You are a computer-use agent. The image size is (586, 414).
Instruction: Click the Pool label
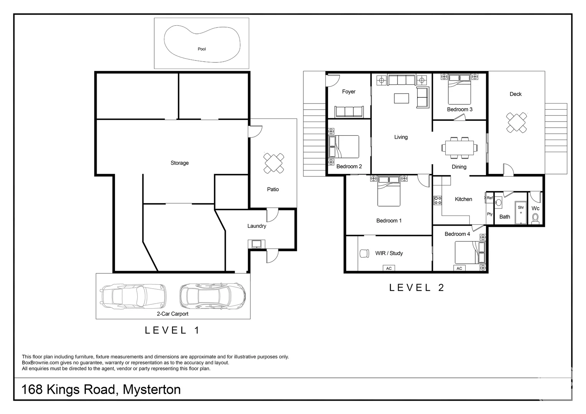[x=202, y=49]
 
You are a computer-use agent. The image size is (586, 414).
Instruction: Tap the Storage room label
[x=179, y=163]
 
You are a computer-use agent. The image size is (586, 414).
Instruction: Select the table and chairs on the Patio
[x=273, y=163]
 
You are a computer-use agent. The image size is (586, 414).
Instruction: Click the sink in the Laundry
[x=256, y=243]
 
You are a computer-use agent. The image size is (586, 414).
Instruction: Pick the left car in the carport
[x=133, y=296]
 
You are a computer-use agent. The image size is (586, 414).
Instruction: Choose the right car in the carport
[x=212, y=296]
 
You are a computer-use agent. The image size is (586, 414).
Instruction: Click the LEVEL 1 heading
[x=172, y=330]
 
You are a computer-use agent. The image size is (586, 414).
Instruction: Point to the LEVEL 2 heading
[x=416, y=287]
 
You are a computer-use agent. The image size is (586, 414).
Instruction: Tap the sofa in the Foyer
[x=349, y=112]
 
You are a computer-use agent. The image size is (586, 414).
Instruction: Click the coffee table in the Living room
[x=401, y=98]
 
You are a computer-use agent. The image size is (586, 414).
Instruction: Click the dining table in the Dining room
[x=459, y=148]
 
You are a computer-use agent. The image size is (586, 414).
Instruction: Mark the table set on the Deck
[x=516, y=123]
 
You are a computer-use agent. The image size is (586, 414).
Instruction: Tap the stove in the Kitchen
[x=438, y=200]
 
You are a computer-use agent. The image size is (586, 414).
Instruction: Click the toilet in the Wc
[x=535, y=218]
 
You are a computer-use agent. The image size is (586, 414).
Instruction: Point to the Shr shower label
[x=520, y=207]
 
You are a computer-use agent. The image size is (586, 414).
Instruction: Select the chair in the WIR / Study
[x=364, y=253]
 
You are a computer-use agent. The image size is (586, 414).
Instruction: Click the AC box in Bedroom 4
[x=459, y=268]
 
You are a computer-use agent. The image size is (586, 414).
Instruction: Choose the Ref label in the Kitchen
[x=489, y=198]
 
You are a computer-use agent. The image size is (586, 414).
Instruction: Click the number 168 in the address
[x=31, y=390]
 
